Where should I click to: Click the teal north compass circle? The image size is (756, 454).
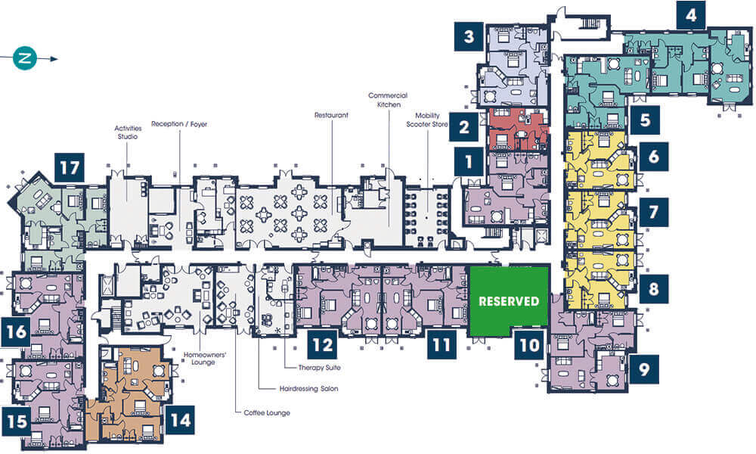click(25, 58)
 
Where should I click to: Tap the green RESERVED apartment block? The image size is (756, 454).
click(509, 301)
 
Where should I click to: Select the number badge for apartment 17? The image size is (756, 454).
click(70, 168)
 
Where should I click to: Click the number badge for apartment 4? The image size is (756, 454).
click(691, 15)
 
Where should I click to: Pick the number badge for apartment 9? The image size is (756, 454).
click(644, 369)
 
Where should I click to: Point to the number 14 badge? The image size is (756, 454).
click(181, 420)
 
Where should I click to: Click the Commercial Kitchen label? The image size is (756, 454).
click(388, 100)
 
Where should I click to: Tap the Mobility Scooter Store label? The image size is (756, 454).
click(427, 120)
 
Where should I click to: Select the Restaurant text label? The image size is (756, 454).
click(331, 115)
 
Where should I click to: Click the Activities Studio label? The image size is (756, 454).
click(128, 132)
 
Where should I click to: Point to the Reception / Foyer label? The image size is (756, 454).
click(179, 124)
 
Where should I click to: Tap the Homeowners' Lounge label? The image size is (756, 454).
click(204, 359)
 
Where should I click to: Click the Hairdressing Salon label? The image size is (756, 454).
click(308, 388)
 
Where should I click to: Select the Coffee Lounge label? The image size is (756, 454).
click(267, 413)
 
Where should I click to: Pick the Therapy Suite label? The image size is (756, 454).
click(319, 368)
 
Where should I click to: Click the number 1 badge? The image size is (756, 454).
click(469, 162)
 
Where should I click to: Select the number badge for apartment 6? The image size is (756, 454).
click(653, 157)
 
